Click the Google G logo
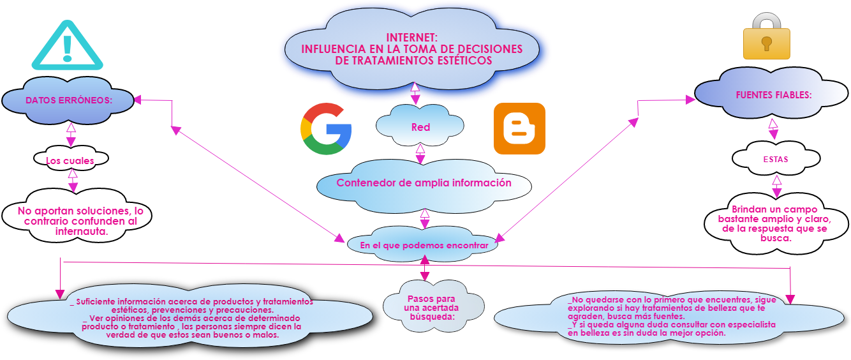[325, 129]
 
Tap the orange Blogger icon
[519, 129]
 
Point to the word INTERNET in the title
[411, 38]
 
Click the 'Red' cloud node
[420, 127]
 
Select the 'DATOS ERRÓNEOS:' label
[69, 100]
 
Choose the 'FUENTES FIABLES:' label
[773, 94]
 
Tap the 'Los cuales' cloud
[70, 161]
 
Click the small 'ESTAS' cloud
[775, 159]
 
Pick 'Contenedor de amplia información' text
[424, 183]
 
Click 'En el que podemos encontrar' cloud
[424, 245]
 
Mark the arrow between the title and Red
[415, 94]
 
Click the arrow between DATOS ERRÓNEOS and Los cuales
[71, 135]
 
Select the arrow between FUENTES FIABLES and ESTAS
[773, 129]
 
